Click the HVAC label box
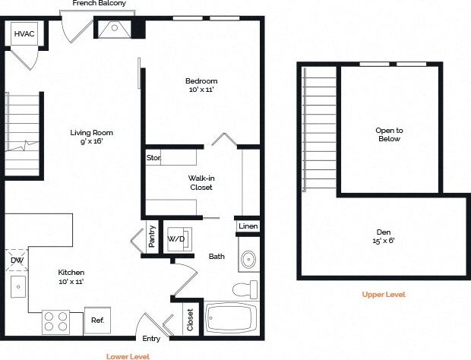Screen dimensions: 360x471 (24, 34)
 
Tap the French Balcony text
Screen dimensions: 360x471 (100, 4)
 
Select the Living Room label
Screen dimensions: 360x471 (86, 137)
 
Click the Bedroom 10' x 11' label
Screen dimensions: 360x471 (201, 85)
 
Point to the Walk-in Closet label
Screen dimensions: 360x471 (201, 182)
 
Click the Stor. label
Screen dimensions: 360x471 (153, 158)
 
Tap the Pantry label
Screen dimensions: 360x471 (152, 236)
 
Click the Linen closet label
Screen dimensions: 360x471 (248, 227)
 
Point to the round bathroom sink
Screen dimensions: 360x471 (249, 261)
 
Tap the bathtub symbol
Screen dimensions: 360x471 (232, 317)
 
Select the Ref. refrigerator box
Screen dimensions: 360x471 (97, 320)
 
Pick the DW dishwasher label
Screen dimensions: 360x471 (17, 261)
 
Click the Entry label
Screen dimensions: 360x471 (151, 339)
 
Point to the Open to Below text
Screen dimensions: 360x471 (389, 134)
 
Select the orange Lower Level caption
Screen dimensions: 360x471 (128, 355)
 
